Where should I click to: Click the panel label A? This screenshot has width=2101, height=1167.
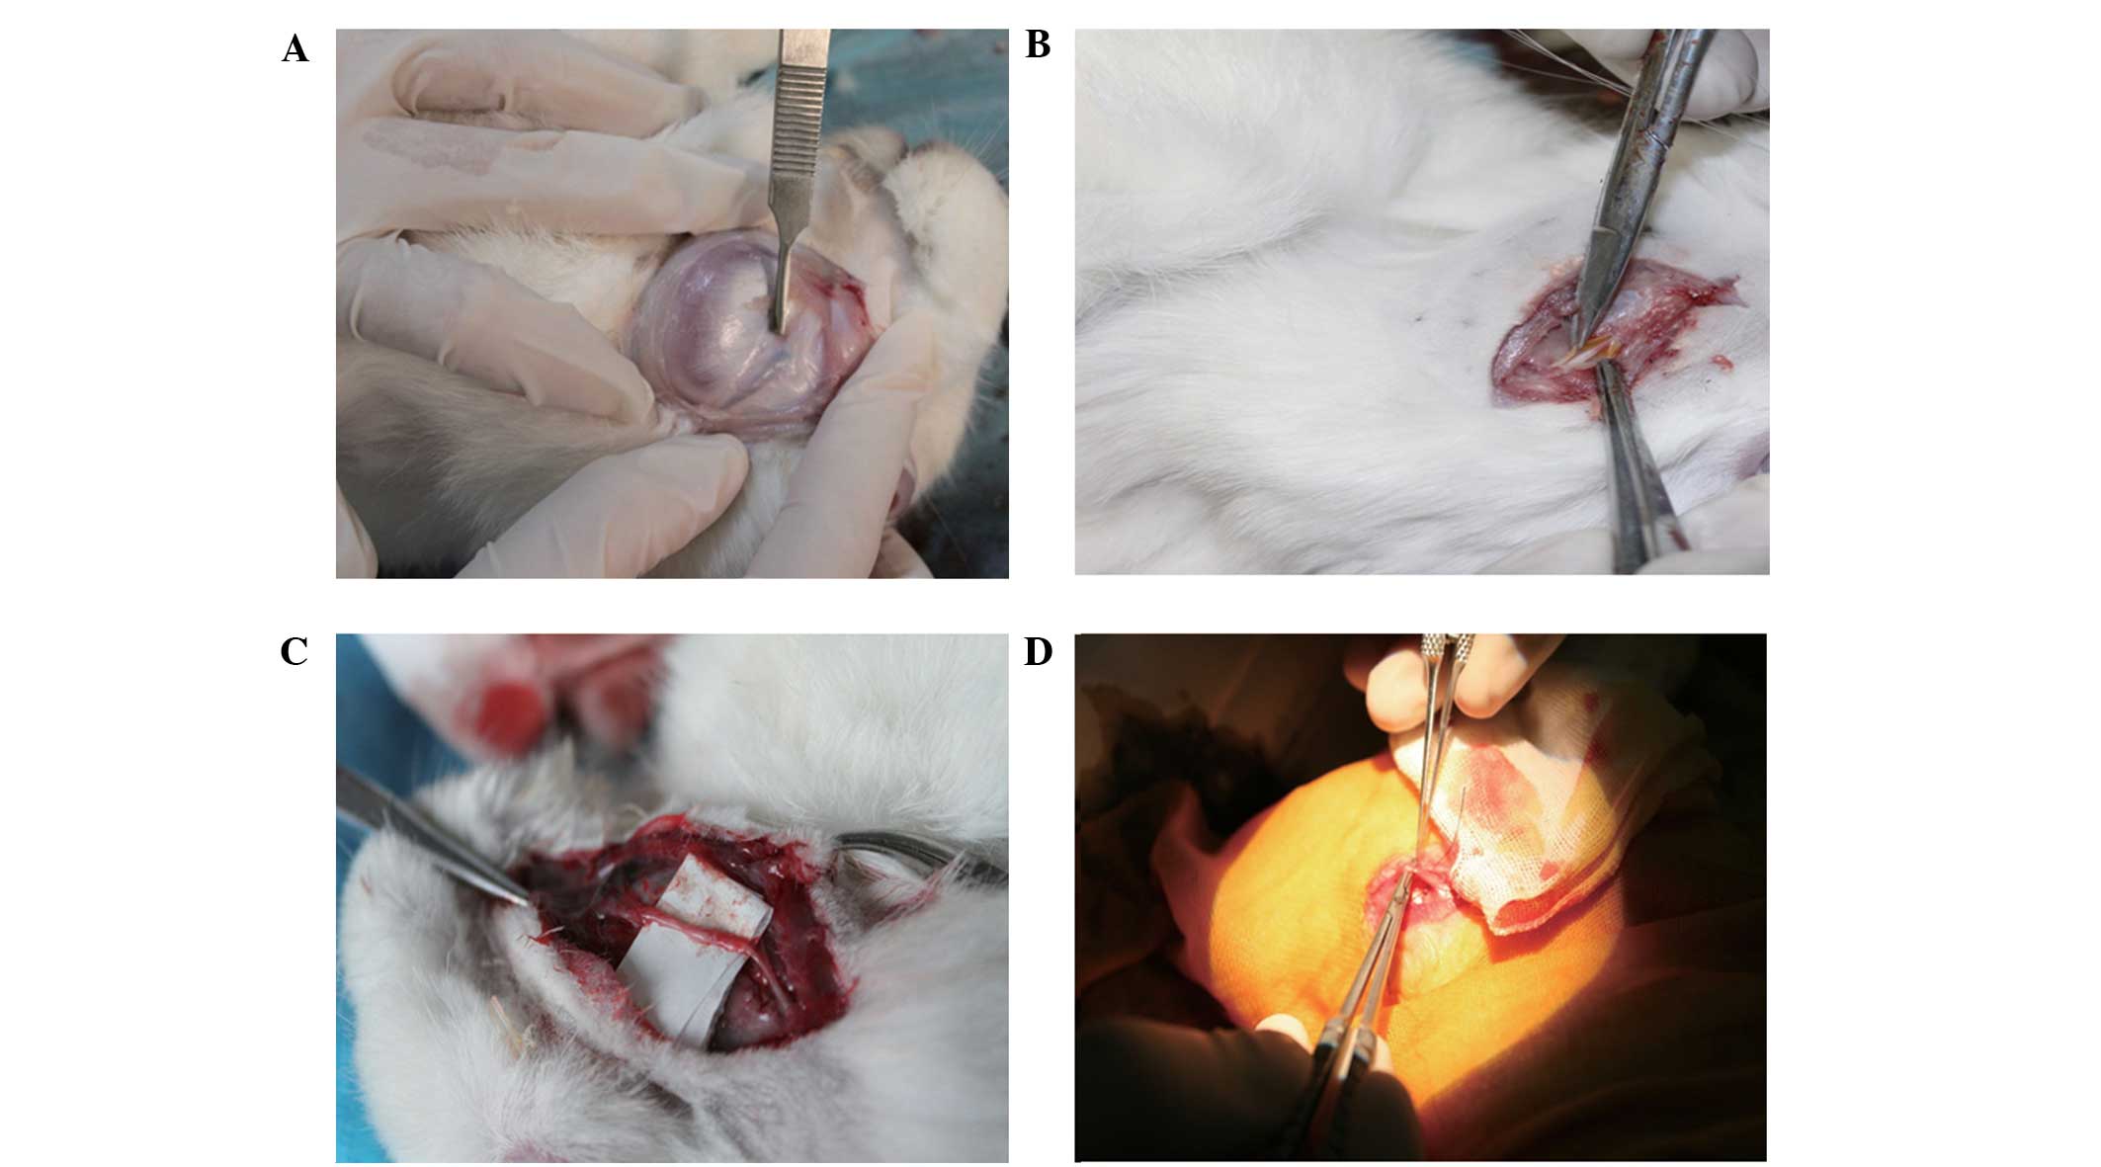tap(294, 48)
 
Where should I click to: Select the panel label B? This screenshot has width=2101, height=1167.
tap(1038, 44)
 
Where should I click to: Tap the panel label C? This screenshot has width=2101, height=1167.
tap(294, 651)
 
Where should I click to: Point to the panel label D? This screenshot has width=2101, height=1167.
tap(1038, 651)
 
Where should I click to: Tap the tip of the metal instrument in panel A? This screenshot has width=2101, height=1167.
tap(779, 329)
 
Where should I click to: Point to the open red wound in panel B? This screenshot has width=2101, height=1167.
tap(1611, 336)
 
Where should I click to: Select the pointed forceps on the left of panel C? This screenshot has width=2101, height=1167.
tap(430, 835)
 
